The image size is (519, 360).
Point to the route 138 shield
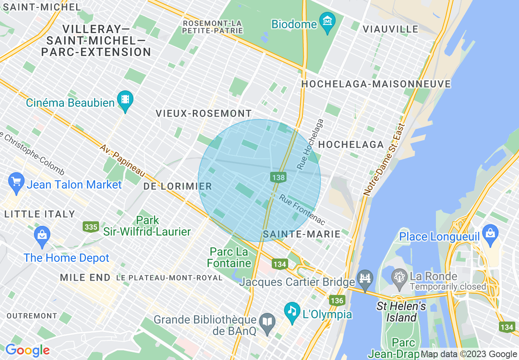[278, 177]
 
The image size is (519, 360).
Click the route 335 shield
[90, 226]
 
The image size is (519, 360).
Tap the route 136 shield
[336, 301]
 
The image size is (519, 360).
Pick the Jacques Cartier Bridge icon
[364, 279]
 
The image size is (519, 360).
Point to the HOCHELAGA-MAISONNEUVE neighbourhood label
[376, 84]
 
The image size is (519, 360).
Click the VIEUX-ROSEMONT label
[203, 114]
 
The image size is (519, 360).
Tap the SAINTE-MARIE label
[302, 234]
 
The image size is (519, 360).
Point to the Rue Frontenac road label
[302, 209]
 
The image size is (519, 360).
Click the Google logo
[27, 351]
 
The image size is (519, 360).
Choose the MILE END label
[85, 278]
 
